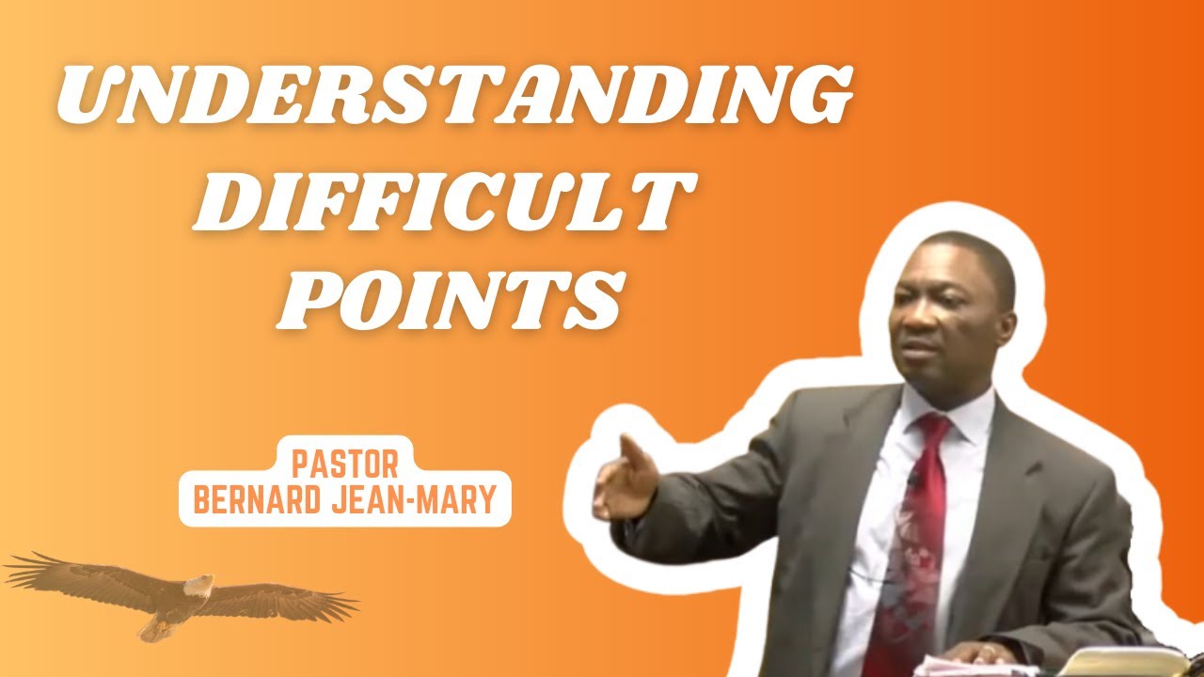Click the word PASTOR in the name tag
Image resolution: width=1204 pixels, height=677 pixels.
coord(345,464)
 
